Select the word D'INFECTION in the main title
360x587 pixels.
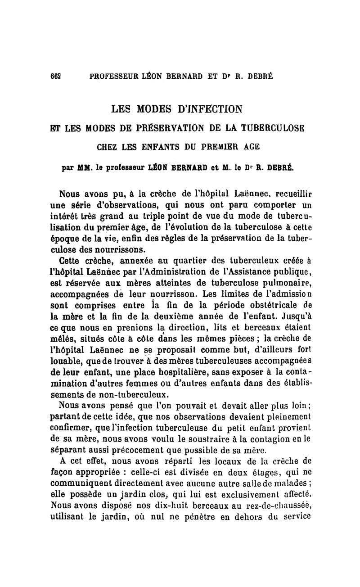click(207, 109)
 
